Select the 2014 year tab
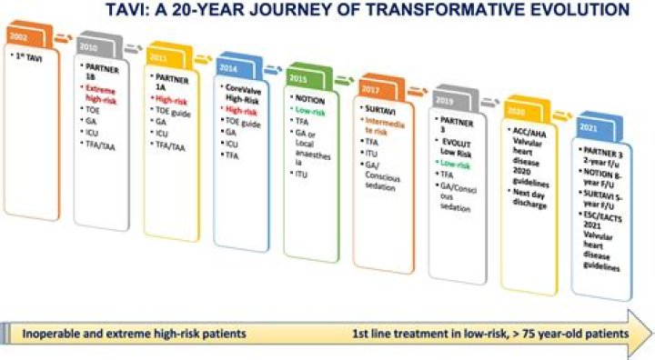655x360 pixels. pos(228,67)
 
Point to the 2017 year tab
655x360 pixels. pos(371,89)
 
